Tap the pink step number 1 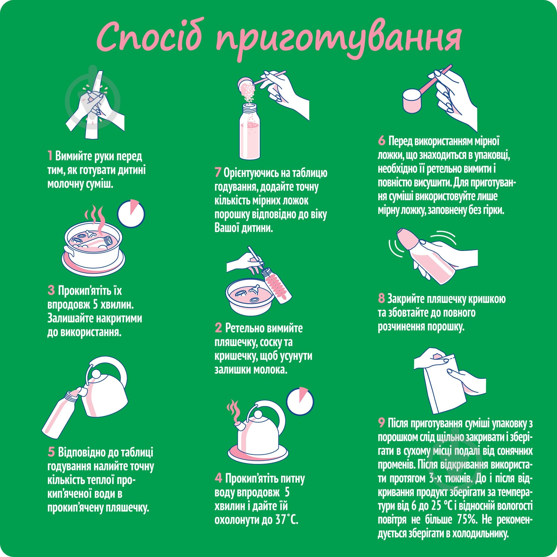(50, 156)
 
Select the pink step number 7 (218, 173)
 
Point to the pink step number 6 (381, 141)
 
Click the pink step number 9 (381, 423)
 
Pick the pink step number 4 (218, 478)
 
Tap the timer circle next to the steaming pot (131, 213)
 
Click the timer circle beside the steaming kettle (301, 402)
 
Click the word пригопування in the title (338, 39)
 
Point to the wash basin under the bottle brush (249, 298)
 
